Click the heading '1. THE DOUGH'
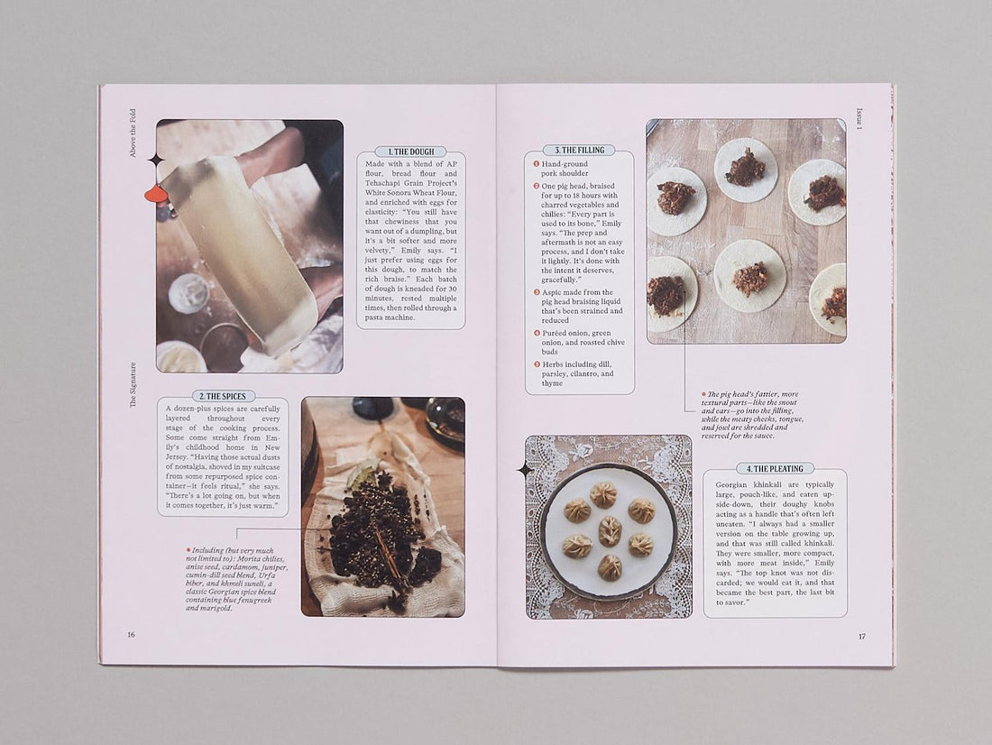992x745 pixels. coord(410,152)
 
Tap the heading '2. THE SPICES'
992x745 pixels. coord(224,396)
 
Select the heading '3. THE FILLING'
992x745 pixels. coord(579,150)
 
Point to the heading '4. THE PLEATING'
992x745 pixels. coord(775,468)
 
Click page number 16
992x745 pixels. coord(131,634)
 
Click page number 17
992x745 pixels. coord(861,636)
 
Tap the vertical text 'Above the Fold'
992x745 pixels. coord(133,133)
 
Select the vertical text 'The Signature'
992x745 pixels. coord(133,385)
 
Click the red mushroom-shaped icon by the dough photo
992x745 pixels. coord(156,194)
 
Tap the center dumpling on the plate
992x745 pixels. coord(611,530)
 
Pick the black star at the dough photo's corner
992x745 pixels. coord(156,161)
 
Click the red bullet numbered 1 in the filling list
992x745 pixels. coord(536,164)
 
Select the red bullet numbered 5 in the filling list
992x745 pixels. coord(536,363)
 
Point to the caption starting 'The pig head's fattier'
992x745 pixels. coord(753,415)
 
